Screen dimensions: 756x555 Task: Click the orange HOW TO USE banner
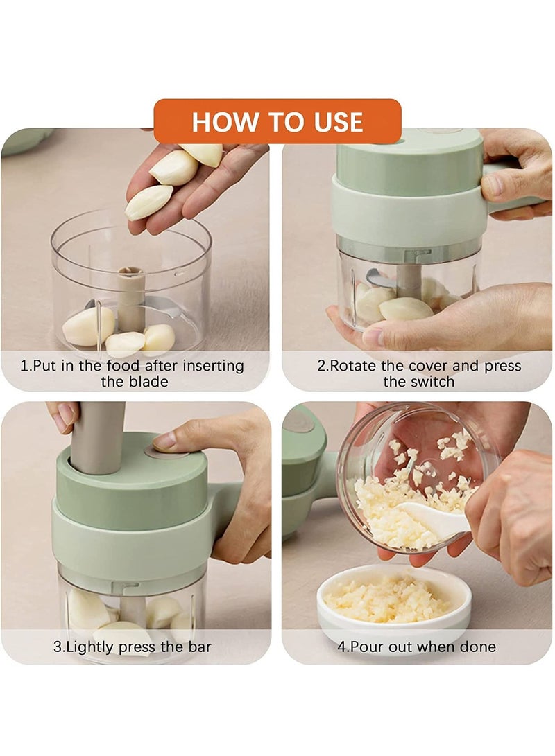click(277, 122)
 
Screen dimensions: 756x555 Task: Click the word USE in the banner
click(338, 123)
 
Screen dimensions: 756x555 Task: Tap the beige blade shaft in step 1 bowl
click(130, 299)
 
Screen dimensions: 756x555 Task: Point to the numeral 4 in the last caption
click(341, 647)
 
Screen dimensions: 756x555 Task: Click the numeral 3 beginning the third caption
click(57, 647)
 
